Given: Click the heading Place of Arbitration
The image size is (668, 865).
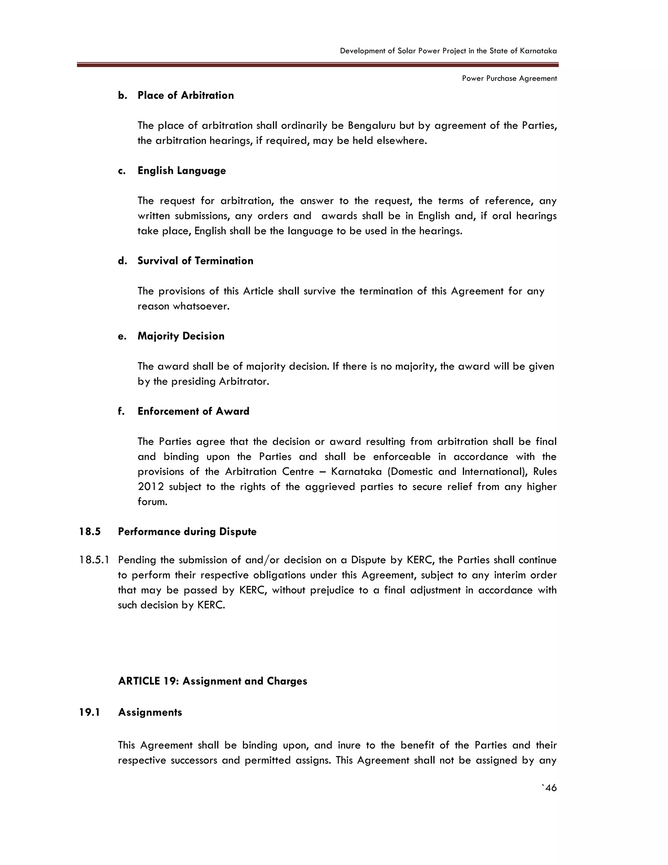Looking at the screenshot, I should (185, 95).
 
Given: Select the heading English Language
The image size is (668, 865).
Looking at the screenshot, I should (181, 171).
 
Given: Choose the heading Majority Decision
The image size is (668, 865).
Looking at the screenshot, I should (181, 336).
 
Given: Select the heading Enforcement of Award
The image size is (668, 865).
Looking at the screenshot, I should (193, 412).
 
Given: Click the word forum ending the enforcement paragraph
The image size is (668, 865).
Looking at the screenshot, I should (152, 502).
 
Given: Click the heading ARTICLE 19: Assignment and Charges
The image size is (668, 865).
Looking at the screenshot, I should (213, 681).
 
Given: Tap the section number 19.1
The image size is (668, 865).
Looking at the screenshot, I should (89, 713).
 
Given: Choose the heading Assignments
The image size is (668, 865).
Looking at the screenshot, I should (150, 713).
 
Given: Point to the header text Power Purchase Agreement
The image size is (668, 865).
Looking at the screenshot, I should (509, 78).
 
